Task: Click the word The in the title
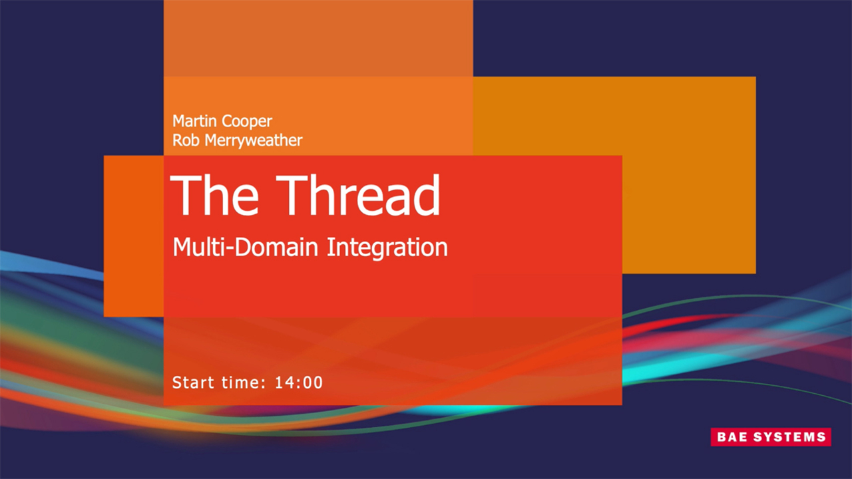212,196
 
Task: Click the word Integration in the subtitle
387,248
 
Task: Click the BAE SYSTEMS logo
771,437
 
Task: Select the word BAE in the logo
733,437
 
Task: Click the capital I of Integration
330,247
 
